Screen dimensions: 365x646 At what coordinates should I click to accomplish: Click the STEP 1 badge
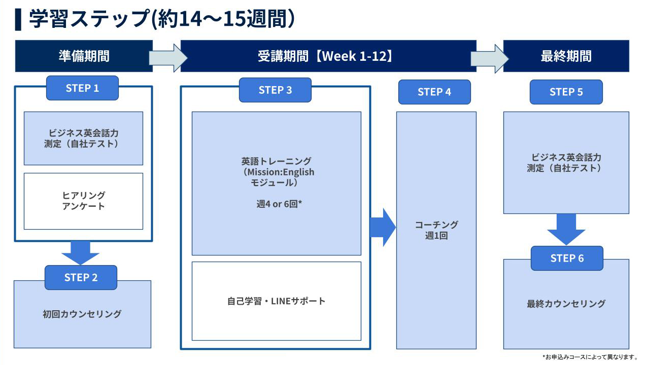point(82,88)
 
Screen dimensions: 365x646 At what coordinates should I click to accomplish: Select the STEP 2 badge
point(81,277)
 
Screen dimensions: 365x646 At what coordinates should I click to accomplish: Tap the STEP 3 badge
point(275,90)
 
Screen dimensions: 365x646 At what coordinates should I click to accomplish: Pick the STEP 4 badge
point(434,92)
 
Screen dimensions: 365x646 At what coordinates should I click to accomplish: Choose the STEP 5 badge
point(566,92)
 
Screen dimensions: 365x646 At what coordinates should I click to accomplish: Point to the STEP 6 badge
point(567,258)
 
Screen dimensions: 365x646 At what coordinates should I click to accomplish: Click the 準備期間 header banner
point(84,56)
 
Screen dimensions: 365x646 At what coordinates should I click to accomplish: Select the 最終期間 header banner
point(566,56)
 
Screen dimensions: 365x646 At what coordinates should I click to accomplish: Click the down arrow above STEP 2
point(80,252)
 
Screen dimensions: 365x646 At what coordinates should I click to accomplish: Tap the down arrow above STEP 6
point(566,229)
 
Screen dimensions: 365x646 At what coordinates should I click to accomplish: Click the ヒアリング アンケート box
point(83,201)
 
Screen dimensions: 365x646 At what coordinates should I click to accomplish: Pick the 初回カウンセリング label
point(82,314)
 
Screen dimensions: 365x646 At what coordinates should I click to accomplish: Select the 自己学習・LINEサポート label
point(276,301)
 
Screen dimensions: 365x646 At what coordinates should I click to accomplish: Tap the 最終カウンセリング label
point(566,304)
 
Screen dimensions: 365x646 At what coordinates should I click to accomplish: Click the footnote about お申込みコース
point(590,357)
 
